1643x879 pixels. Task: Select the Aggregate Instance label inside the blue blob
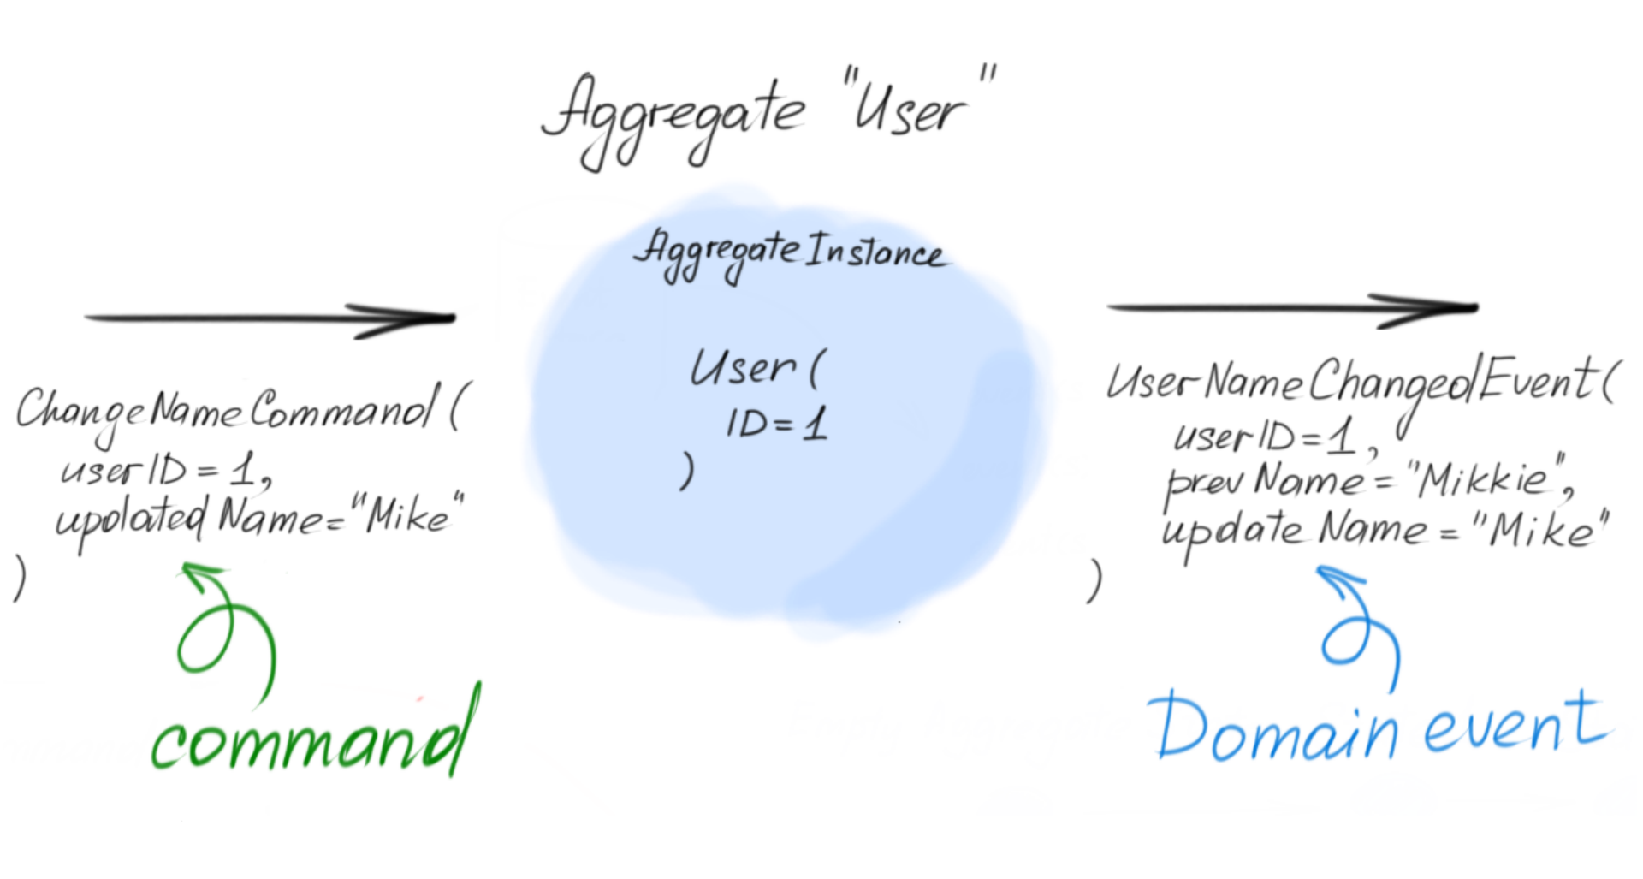pos(789,252)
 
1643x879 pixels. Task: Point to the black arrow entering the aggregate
pos(270,318)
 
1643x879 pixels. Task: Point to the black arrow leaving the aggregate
pos(1292,307)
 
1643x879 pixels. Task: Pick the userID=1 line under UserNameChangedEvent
pos(1266,437)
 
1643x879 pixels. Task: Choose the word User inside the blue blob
pos(743,369)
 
